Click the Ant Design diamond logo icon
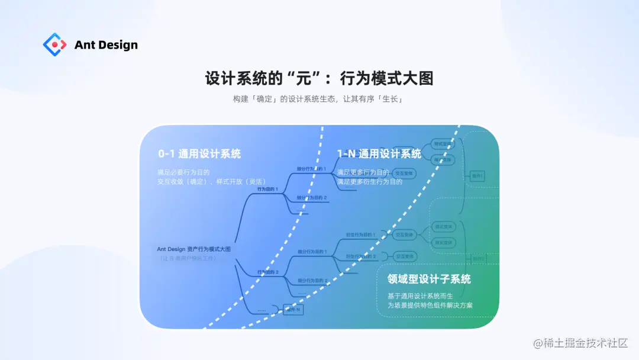coord(54,44)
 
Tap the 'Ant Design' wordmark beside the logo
coord(106,45)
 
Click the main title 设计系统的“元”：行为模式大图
coord(319,79)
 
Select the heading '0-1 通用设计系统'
coord(199,154)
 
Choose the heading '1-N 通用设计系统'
coord(379,154)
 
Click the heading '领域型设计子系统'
coord(429,279)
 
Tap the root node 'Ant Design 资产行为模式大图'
coord(194,249)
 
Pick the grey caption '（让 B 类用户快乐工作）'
coord(188,258)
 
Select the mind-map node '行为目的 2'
coord(267,272)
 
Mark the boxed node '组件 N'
coord(292,310)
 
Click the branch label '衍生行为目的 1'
coord(360,235)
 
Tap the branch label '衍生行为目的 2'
coord(360,256)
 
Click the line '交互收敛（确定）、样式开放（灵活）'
coord(211,181)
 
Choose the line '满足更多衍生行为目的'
coord(370,182)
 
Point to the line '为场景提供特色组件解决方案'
coord(430,306)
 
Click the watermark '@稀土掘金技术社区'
coord(580,343)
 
